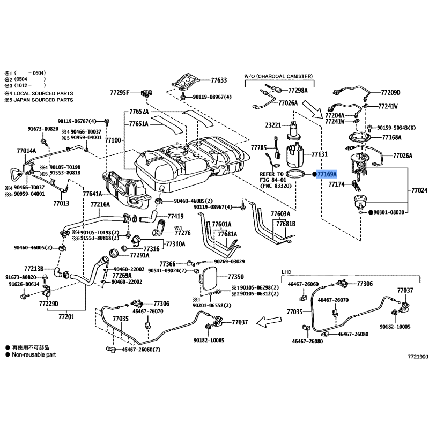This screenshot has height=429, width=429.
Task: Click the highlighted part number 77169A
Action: click(x=327, y=174)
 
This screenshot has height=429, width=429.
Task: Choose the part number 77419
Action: click(x=175, y=217)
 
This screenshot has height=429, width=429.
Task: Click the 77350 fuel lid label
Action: click(x=235, y=277)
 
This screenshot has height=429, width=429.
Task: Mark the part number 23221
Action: click(x=273, y=125)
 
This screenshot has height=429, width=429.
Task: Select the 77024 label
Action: click(x=419, y=190)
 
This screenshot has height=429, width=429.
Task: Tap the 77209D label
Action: click(x=391, y=92)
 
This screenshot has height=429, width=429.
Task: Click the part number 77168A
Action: click(x=391, y=137)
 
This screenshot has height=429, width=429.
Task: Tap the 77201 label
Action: click(x=66, y=317)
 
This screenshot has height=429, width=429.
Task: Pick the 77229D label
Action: click(x=48, y=304)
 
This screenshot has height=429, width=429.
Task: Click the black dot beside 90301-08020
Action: click(x=370, y=212)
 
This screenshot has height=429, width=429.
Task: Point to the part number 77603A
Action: click(x=280, y=213)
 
